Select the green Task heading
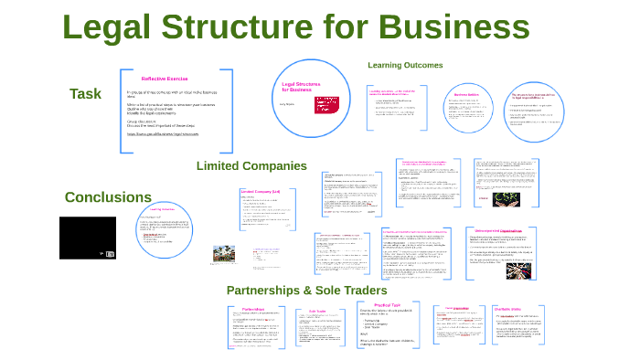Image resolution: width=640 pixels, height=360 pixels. click(x=85, y=93)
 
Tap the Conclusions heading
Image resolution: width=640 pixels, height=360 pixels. click(x=108, y=196)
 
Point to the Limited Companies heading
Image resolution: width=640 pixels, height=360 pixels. click(x=251, y=165)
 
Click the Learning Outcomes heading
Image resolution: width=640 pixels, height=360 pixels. click(x=405, y=65)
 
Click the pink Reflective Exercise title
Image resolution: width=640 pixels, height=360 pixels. click(x=165, y=78)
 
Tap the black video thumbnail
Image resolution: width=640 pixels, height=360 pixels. click(x=88, y=238)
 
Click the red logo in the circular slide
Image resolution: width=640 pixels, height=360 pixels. click(x=326, y=104)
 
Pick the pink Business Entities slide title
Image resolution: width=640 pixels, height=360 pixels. click(x=467, y=95)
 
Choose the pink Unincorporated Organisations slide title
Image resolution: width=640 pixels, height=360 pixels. click(x=499, y=230)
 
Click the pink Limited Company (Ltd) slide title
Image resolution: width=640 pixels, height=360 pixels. click(x=260, y=191)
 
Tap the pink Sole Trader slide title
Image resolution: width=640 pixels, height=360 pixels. click(x=318, y=311)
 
